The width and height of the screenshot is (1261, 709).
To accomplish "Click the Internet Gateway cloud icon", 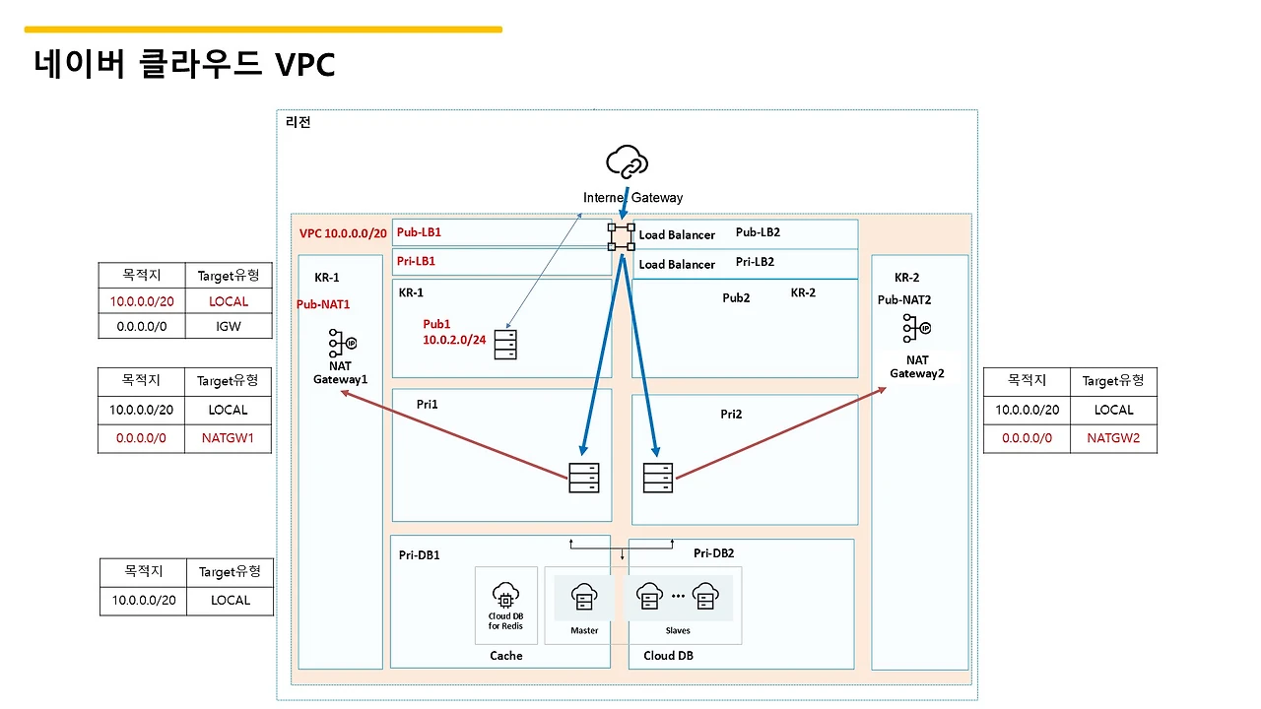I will pos(628,162).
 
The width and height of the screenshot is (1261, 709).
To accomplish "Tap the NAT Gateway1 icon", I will pos(341,344).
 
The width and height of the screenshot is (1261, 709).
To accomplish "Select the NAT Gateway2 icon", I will pos(916,328).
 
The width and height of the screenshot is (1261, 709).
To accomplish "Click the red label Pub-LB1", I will pos(419,233).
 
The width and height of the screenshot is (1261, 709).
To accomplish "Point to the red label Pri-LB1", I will pos(416,262).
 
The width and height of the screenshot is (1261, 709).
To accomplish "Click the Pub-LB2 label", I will pos(758,233).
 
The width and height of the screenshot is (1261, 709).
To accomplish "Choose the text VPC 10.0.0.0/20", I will pos(343,234).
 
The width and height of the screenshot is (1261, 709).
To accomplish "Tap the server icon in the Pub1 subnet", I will pos(505,345).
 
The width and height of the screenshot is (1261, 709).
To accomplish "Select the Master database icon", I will pos(584,597).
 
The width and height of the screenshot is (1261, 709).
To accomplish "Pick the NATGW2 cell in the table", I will pos(1113,438).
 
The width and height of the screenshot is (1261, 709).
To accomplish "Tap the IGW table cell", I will pos(229,325).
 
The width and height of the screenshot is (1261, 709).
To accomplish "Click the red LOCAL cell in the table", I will pos(229,301).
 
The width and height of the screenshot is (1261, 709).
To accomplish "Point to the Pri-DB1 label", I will pos(420,555).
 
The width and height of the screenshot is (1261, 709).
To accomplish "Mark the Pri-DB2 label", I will pos(713,553).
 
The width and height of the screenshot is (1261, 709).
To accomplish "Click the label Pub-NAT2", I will pos(904,300).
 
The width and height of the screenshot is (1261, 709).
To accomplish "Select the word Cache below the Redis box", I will pos(506,656).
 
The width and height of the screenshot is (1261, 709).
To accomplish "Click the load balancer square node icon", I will pos(622,235).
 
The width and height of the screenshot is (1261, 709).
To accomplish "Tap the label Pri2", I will pos(731,415).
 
